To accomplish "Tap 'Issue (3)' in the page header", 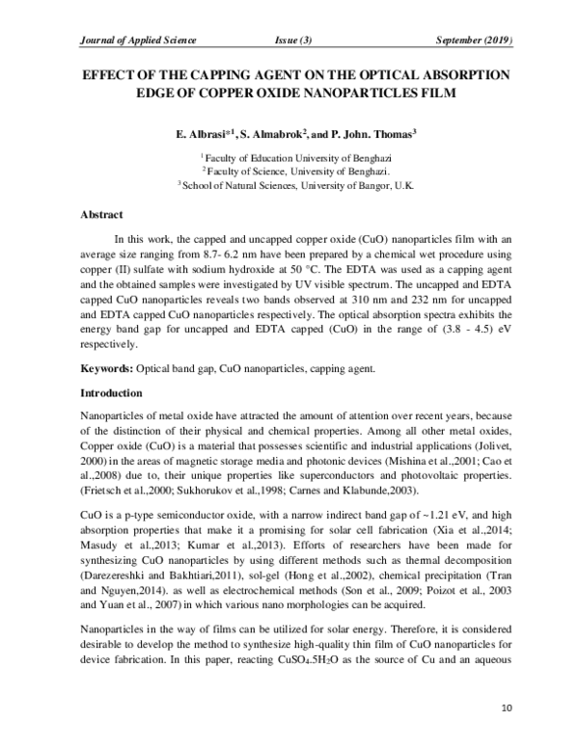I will (x=293, y=40).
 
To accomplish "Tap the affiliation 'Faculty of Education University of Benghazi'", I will (x=297, y=156).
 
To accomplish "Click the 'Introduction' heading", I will (x=110, y=393).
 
